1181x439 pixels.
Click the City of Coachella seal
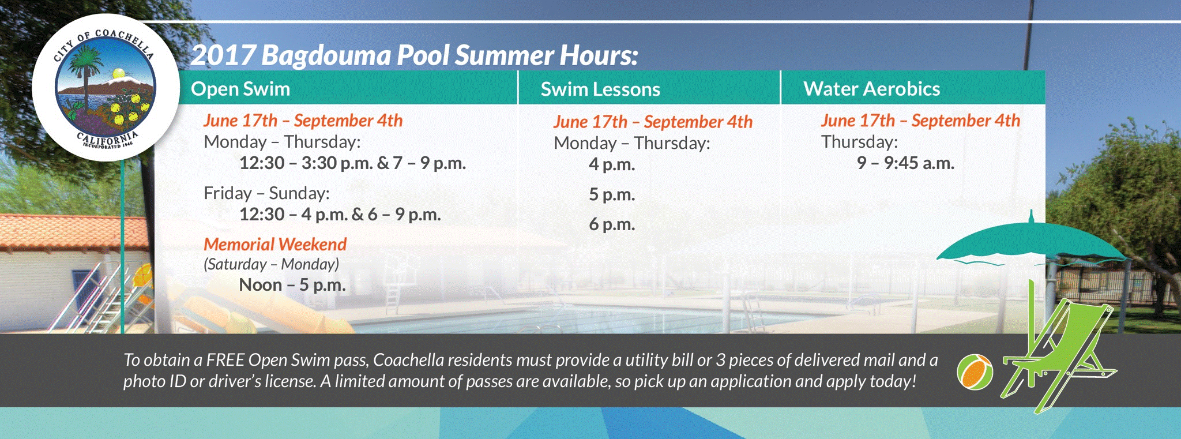click(x=105, y=88)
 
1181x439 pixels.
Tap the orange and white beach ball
click(x=975, y=372)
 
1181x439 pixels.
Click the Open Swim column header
click(x=240, y=89)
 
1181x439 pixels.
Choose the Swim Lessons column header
click(x=600, y=89)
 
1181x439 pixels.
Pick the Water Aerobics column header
click(x=871, y=89)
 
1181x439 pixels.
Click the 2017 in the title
click(x=223, y=55)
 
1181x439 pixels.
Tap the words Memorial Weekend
click(x=275, y=244)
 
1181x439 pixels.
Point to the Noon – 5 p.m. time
click(x=292, y=284)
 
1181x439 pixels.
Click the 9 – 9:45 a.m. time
click(x=905, y=163)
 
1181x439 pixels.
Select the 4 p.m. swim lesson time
click(x=612, y=164)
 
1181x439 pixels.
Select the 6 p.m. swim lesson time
click(x=612, y=224)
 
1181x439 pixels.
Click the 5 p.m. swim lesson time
click(x=612, y=194)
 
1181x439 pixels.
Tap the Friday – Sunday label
click(x=266, y=193)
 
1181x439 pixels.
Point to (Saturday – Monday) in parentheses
click(x=271, y=264)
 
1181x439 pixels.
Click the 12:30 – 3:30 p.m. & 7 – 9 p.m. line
click(x=352, y=163)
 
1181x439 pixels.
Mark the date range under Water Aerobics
click(x=920, y=120)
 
